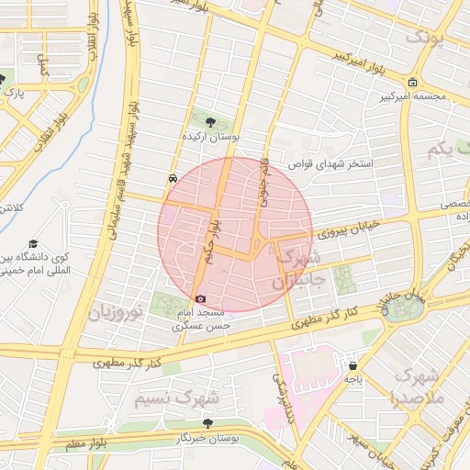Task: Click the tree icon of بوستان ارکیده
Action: (x=212, y=120)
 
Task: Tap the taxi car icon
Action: (x=173, y=179)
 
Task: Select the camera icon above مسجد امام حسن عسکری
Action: (x=201, y=298)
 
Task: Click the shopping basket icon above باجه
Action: (x=352, y=364)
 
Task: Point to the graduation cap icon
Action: (x=34, y=244)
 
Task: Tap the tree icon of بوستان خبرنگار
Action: (x=209, y=424)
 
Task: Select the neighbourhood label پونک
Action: (x=428, y=38)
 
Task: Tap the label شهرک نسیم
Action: (x=176, y=399)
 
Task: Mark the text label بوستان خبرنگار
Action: (x=209, y=439)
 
